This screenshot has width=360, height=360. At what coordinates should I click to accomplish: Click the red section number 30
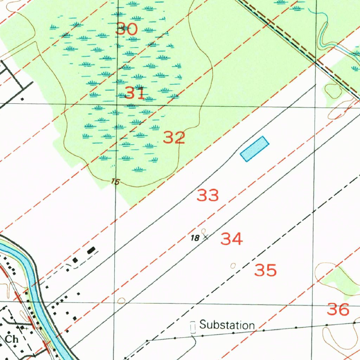127,29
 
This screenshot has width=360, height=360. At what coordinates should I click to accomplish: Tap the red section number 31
135,93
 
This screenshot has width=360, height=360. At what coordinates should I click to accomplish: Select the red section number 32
174,137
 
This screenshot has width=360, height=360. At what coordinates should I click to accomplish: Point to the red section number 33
208,195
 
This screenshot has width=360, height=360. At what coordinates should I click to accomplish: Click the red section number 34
232,239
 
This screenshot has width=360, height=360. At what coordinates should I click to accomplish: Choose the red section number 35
265,271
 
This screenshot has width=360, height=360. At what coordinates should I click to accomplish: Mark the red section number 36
338,309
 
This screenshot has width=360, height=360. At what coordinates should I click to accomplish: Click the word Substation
227,325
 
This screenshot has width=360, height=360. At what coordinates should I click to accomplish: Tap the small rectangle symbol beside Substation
193,327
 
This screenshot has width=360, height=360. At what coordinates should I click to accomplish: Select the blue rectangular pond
255,149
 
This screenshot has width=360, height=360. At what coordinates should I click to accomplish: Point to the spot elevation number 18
194,238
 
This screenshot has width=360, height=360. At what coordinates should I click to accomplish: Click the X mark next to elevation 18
206,237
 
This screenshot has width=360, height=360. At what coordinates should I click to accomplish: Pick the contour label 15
115,182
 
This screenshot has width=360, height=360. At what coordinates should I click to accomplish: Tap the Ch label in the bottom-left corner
12,339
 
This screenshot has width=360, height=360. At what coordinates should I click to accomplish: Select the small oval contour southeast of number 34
233,265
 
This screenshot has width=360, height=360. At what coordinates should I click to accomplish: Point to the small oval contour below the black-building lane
121,301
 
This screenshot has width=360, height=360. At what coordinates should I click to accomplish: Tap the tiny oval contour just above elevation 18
204,231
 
